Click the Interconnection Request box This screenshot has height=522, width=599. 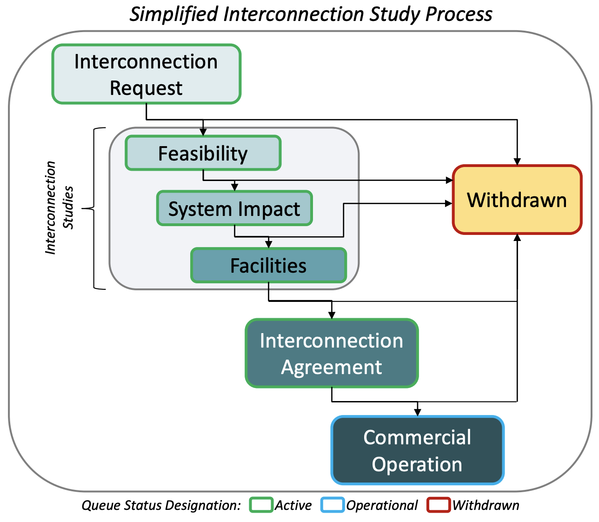(x=146, y=74)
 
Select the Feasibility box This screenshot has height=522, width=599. (x=203, y=153)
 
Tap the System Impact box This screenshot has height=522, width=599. (x=234, y=208)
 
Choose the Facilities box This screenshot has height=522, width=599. (x=268, y=265)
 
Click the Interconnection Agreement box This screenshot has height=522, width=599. (x=331, y=353)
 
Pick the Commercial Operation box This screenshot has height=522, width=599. (x=417, y=450)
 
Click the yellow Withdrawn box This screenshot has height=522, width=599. (x=517, y=200)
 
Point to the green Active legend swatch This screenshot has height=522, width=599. (x=261, y=505)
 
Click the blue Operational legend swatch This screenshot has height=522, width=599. (x=332, y=505)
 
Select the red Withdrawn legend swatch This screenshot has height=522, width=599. (x=439, y=505)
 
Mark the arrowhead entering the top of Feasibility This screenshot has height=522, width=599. (x=203, y=133)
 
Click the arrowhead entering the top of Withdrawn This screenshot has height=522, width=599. (x=517, y=161)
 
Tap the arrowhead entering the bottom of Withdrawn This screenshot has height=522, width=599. (x=517, y=237)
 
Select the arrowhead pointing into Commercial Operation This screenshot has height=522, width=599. (x=418, y=412)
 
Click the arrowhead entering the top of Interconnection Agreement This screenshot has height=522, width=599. (x=332, y=315)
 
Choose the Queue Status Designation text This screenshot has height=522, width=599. (x=161, y=506)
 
